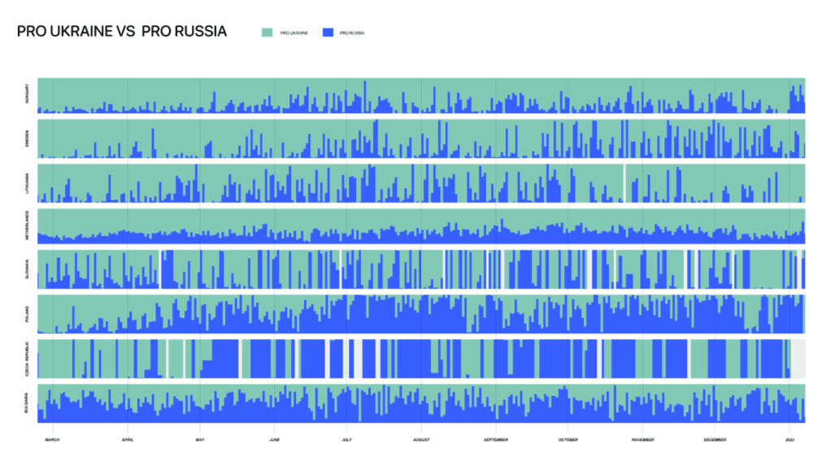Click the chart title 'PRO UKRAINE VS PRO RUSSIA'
point(121,32)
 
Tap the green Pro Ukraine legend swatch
point(267,33)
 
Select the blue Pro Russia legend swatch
point(328,33)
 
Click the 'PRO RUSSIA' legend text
point(352,33)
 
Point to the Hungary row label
point(28,95)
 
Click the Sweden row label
point(28,138)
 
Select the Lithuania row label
point(28,183)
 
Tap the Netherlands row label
point(28,226)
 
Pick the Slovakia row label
point(28,269)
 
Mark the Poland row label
point(28,313)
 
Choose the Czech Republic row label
point(28,358)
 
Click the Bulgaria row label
point(28,402)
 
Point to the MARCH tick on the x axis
point(52,440)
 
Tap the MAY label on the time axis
point(200,440)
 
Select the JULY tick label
point(346,440)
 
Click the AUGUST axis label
point(421,440)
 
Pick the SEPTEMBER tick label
point(496,440)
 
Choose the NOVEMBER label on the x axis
point(642,440)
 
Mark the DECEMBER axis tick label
point(715,440)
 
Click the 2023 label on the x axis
point(789,440)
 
